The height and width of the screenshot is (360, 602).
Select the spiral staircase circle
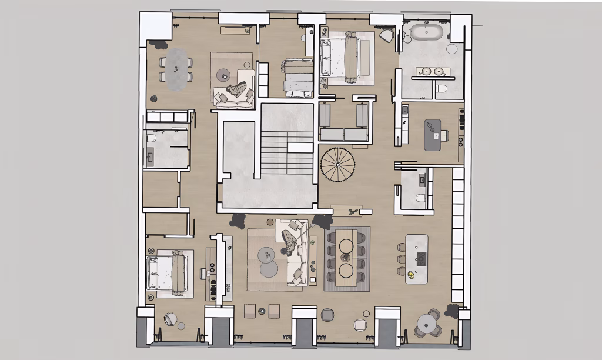pyautogui.click(x=337, y=165)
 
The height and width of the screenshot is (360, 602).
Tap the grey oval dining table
pyautogui.click(x=176, y=68)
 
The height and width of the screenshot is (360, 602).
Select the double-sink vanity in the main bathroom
pyautogui.click(x=432, y=72)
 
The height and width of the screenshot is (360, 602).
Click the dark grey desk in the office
pyautogui.click(x=433, y=134)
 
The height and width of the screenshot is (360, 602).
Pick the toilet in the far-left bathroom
pyautogui.click(x=152, y=138)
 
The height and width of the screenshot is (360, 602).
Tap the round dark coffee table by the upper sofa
pyautogui.click(x=223, y=75)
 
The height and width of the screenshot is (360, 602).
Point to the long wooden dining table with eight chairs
pyautogui.click(x=347, y=257)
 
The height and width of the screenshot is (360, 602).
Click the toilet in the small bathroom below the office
pyautogui.click(x=420, y=198)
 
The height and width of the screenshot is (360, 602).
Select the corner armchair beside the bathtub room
pyautogui.click(x=386, y=35)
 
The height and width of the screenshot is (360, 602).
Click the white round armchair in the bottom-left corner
pyautogui.click(x=170, y=319)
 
